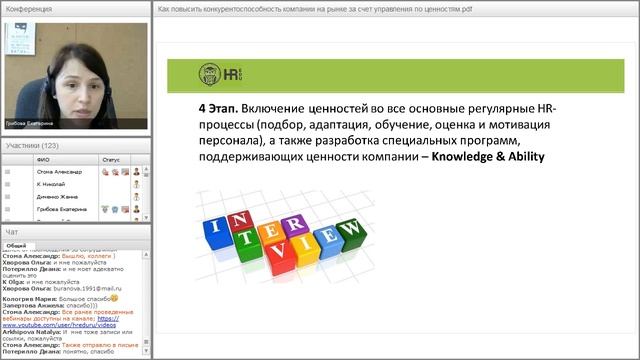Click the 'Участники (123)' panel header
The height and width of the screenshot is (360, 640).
[32, 146]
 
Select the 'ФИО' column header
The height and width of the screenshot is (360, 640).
[42, 160]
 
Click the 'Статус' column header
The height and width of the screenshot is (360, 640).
[110, 160]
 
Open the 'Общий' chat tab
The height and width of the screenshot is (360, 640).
[16, 244]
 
